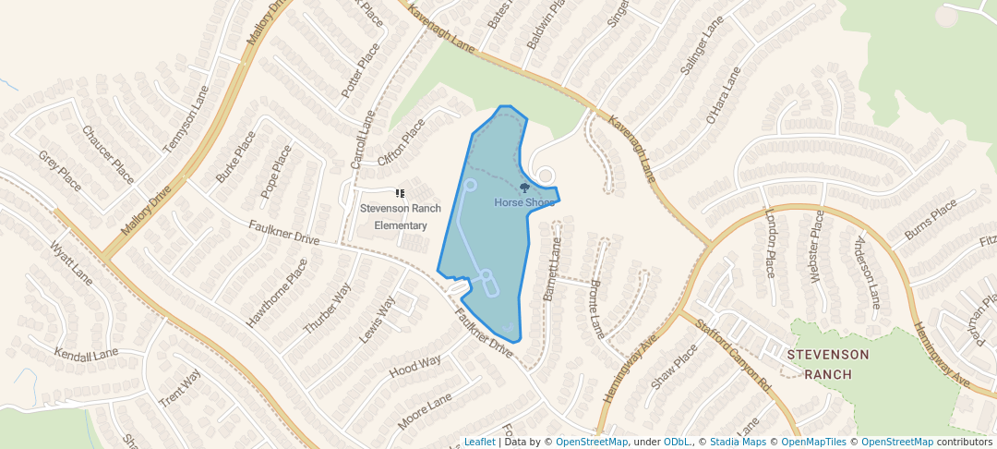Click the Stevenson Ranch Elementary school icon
pos(401,194)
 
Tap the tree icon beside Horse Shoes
pos(525,188)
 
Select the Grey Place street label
pos(61,171)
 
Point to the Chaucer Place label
pos(108,154)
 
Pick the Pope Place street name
pos(276,171)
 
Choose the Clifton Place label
pos(402,141)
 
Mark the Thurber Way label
pos(328,309)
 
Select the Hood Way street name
pos(414,366)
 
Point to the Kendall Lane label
pos(87,354)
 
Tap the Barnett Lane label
pos(551,271)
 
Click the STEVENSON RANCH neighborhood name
pos(827,364)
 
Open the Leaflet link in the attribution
pos(479,442)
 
